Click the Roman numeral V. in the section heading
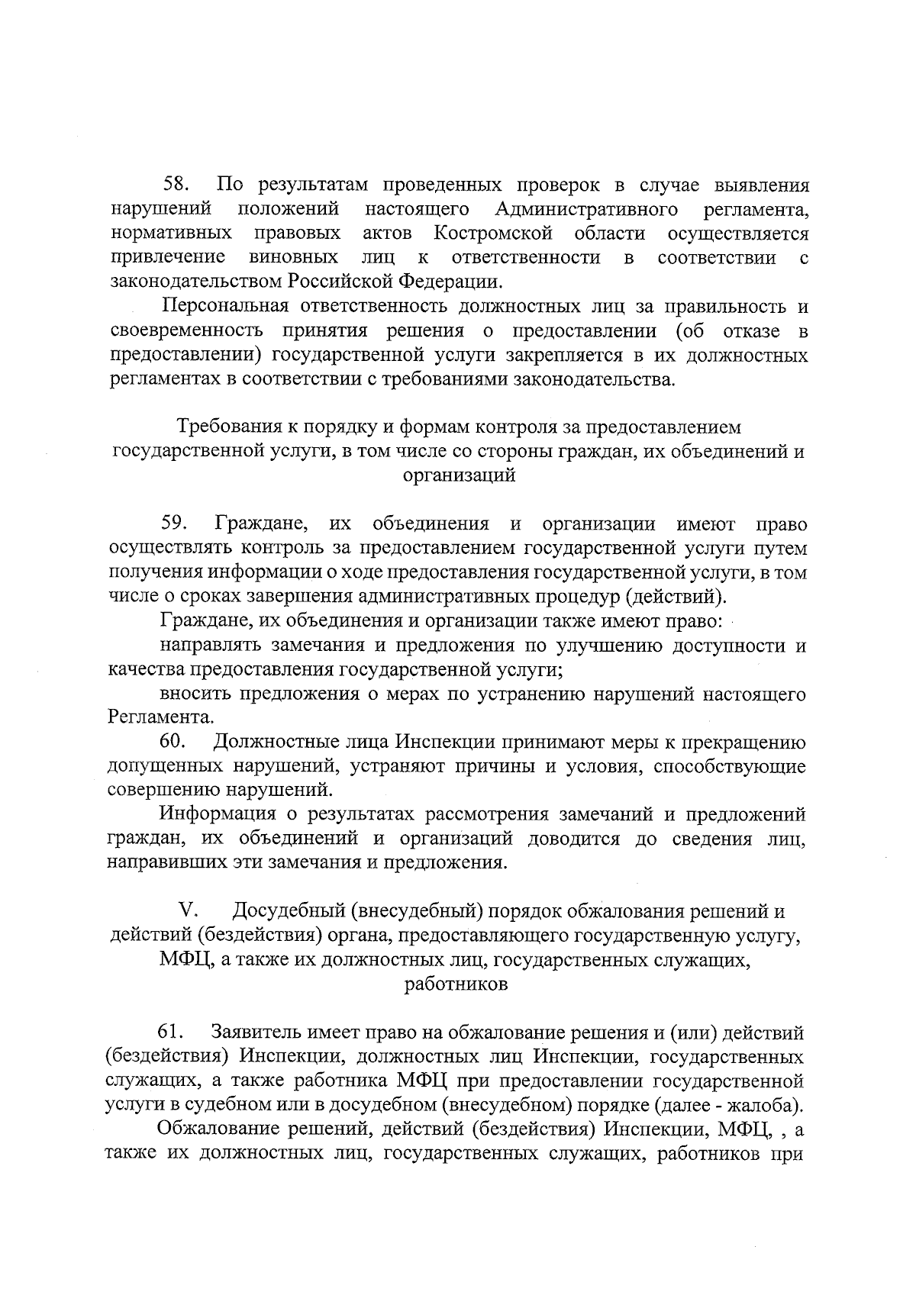[189, 911]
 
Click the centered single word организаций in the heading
[459, 476]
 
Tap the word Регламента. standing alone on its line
[160, 718]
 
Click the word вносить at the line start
[197, 694]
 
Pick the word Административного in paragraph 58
[586, 209]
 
